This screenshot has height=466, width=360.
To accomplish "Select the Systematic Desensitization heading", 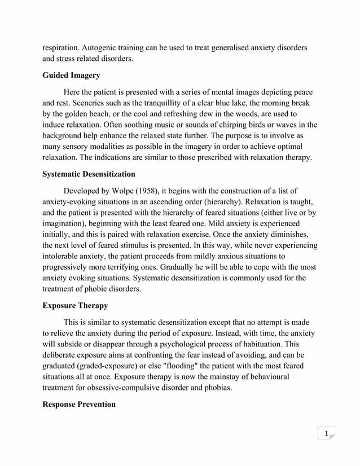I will coord(89,174).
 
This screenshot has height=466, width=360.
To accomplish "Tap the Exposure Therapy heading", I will coord(75,306).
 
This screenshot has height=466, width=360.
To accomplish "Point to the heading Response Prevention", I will coord(79,405).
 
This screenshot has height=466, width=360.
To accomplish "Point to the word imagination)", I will coord(68,224).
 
